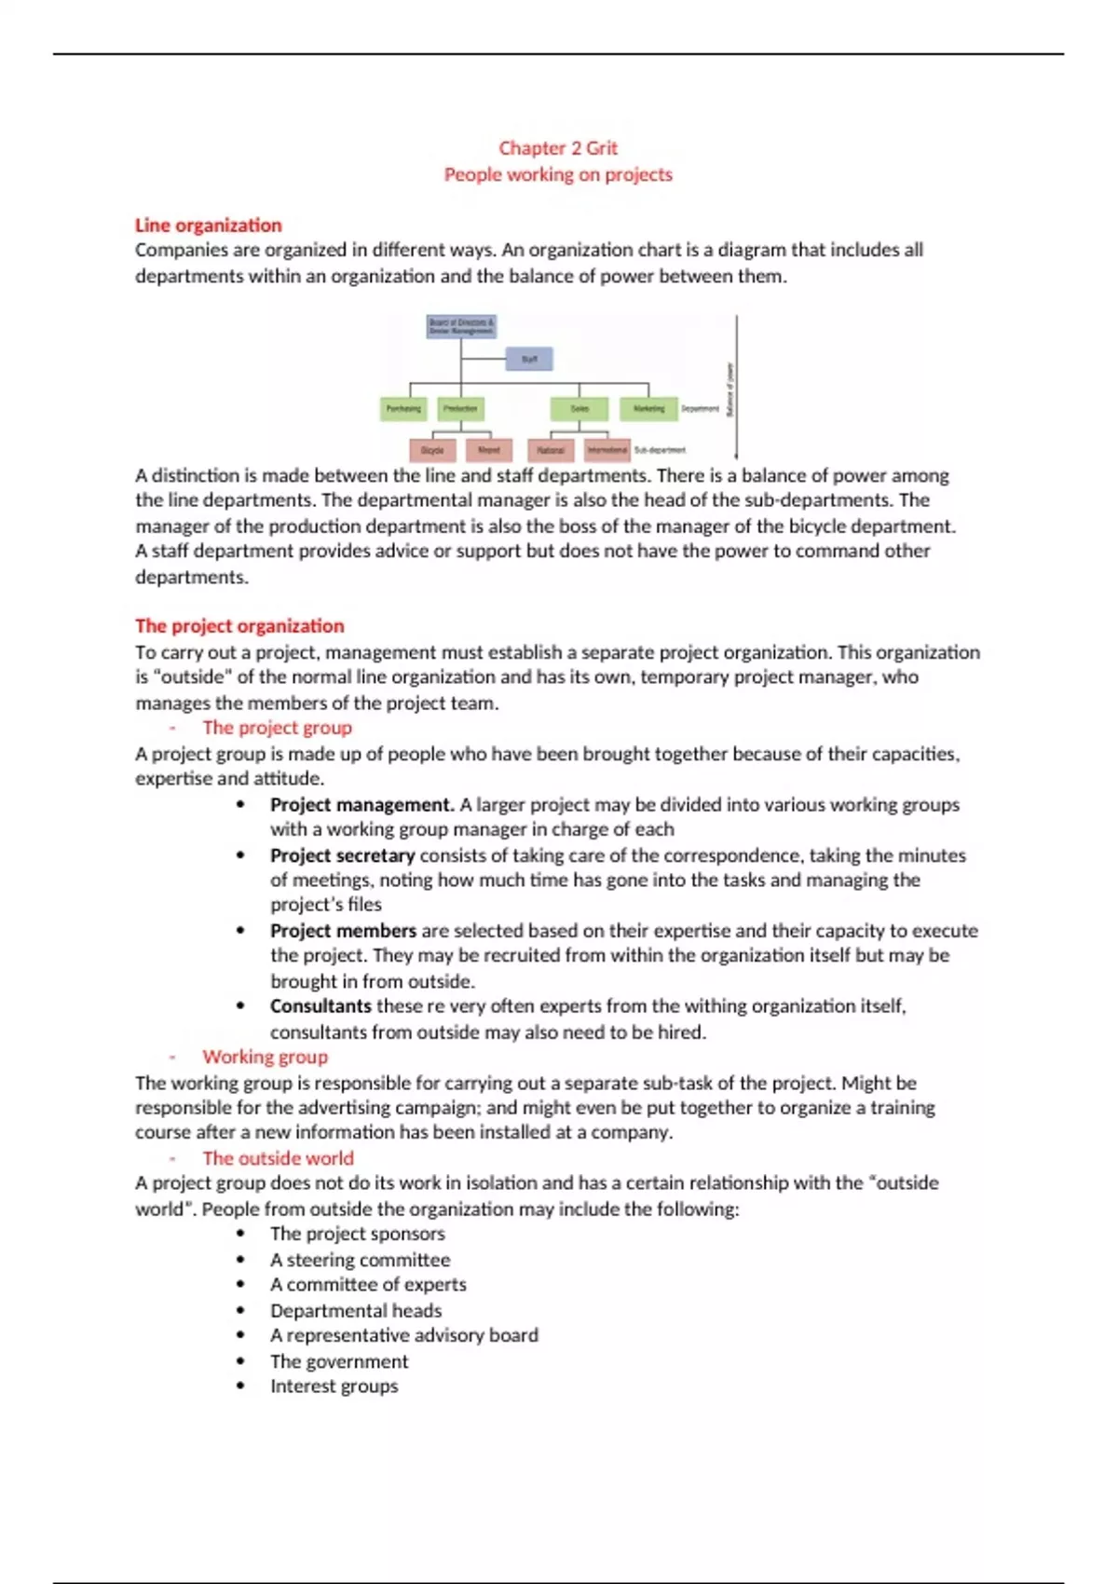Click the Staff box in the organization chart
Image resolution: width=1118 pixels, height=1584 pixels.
529,359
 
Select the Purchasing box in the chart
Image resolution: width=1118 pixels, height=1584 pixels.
403,408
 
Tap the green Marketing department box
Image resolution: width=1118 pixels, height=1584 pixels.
648,408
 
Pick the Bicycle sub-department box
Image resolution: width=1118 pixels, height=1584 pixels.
432,450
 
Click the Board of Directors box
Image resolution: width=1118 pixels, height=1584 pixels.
461,326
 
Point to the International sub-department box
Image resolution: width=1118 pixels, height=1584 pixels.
607,450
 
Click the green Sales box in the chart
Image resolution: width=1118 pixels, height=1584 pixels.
579,408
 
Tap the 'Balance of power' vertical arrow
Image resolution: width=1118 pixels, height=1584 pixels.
736,387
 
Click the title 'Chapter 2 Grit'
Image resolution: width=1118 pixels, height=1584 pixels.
558,148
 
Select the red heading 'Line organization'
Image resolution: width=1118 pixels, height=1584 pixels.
208,225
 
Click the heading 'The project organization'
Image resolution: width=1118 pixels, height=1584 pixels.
239,626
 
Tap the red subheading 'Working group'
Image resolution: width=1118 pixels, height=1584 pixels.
266,1057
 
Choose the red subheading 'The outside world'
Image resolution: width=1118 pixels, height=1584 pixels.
278,1158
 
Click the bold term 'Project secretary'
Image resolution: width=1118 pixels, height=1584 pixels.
342,855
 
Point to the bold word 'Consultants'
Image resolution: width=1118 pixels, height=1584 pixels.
320,1006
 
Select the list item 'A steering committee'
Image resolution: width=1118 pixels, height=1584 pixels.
360,1260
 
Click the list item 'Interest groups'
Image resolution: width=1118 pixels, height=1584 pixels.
334,1386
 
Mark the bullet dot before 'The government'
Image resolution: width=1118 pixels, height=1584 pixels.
241,1361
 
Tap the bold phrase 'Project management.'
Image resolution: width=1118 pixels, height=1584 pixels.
361,805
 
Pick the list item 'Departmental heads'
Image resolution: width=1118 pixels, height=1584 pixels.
356,1311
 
